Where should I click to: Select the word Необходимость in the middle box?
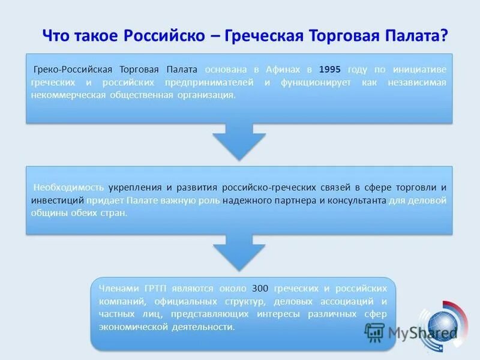(x=68, y=187)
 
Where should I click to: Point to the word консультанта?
(x=355, y=200)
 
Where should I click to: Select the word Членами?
(x=119, y=287)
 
